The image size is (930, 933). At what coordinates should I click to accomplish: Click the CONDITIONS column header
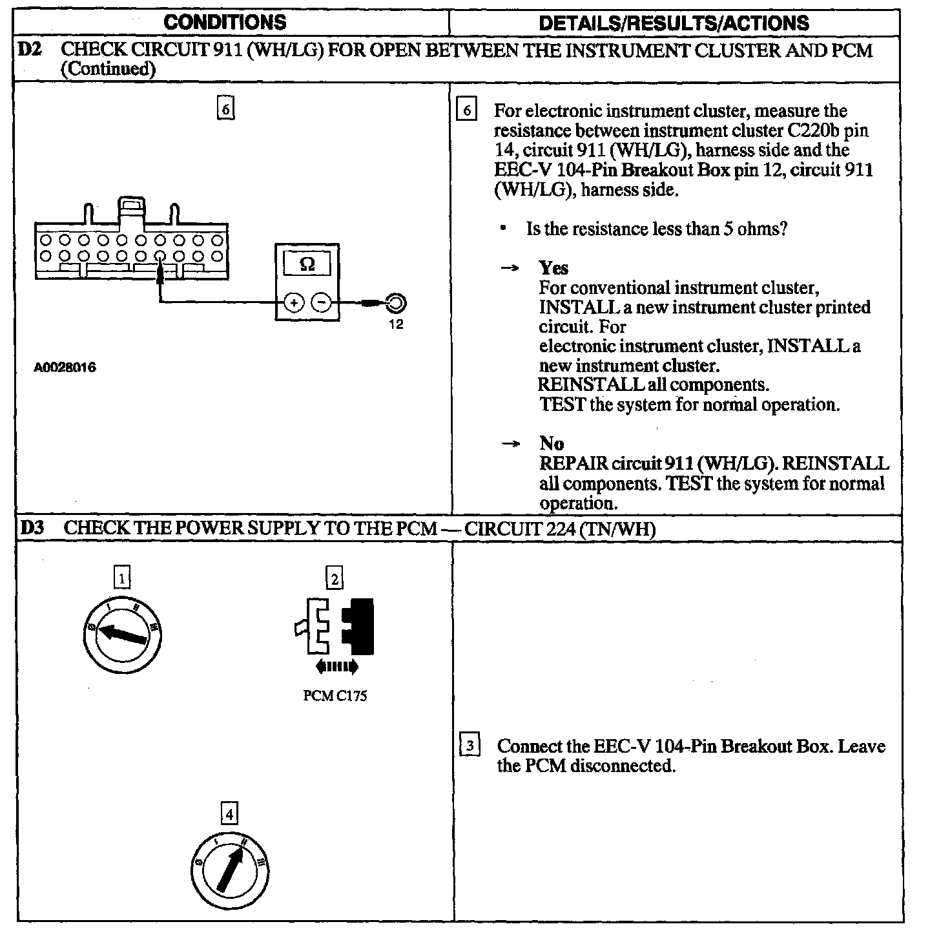coord(225,23)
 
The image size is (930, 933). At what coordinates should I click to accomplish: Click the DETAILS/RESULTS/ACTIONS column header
coord(674,23)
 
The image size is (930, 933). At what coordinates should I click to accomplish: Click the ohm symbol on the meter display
coord(307,264)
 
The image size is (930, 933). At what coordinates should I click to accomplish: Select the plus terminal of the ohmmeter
coord(294,302)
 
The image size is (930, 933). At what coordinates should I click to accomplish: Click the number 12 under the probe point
coord(396,324)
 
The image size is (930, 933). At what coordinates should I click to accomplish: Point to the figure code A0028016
coord(65,368)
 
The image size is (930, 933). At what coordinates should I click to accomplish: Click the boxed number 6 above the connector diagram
coord(225,109)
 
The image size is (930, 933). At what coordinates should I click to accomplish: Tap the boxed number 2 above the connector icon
coord(334,578)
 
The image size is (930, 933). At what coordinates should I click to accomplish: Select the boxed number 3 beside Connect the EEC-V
coord(470,746)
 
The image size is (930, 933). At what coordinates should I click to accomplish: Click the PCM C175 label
coord(335,696)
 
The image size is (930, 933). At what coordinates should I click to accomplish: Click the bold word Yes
coord(553,267)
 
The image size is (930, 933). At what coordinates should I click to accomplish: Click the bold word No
coord(552,443)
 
